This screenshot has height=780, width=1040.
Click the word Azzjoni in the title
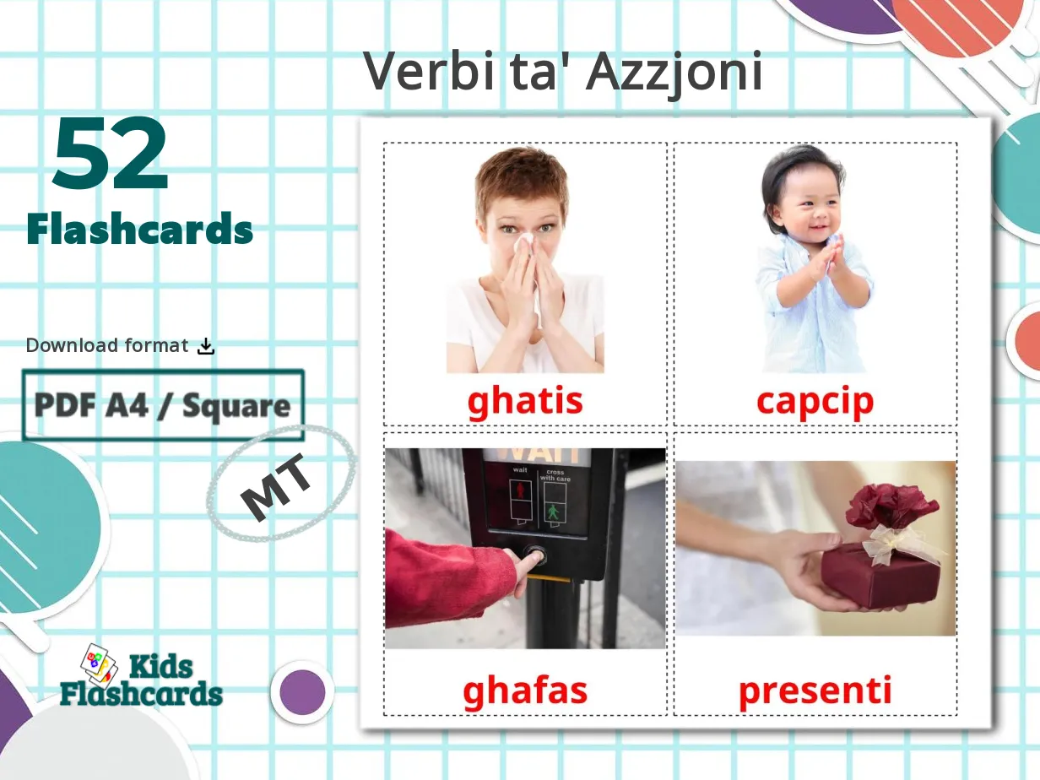click(674, 73)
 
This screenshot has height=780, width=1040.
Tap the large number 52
click(111, 155)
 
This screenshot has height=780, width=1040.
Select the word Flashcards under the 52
click(140, 229)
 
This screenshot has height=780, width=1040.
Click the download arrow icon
click(206, 345)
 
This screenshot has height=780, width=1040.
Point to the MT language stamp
click(278, 492)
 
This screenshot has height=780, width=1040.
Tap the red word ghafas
click(525, 691)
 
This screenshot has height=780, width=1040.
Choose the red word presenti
click(815, 691)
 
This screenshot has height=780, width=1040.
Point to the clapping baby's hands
click(826, 257)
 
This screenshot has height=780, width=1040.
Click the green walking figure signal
click(553, 512)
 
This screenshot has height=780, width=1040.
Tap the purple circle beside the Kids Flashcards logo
click(302, 692)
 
